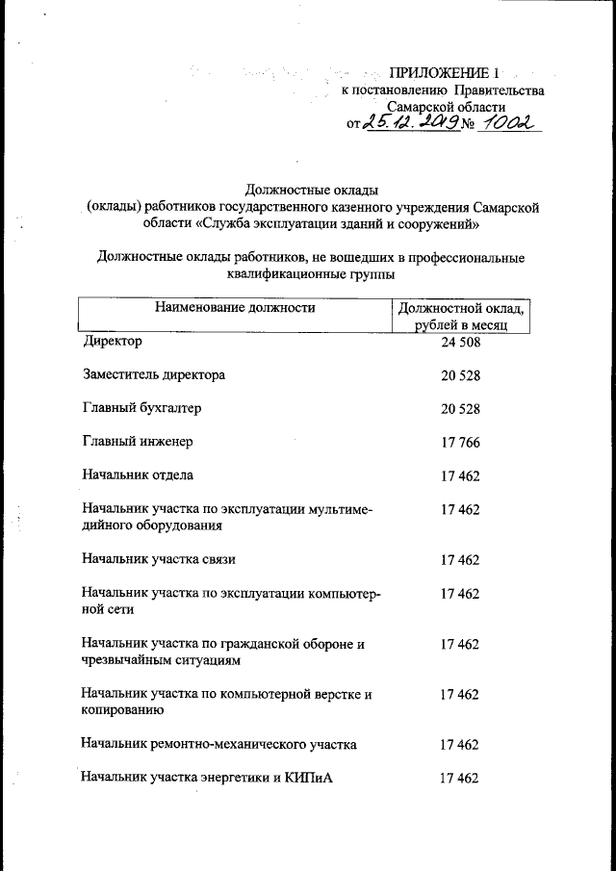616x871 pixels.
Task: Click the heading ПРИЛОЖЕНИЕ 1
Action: [x=445, y=73]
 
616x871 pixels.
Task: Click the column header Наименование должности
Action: [x=233, y=308]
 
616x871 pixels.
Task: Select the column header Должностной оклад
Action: [x=461, y=309]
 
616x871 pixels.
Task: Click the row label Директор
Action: [x=113, y=341]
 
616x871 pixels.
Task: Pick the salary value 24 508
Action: [x=460, y=342]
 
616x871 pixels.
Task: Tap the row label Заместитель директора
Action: [x=154, y=374]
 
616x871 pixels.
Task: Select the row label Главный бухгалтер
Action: [x=141, y=408]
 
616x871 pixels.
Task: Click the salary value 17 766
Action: [x=460, y=443]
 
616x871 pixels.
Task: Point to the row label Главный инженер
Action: [x=139, y=442]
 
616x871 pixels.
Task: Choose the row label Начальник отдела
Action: [x=139, y=475]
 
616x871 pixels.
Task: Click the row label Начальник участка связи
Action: [x=159, y=559]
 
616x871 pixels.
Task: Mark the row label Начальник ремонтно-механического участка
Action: [x=219, y=744]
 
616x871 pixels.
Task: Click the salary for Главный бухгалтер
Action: [x=460, y=409]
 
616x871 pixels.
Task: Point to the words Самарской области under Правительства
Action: [x=445, y=107]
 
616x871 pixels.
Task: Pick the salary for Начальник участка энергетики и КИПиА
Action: [x=460, y=779]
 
